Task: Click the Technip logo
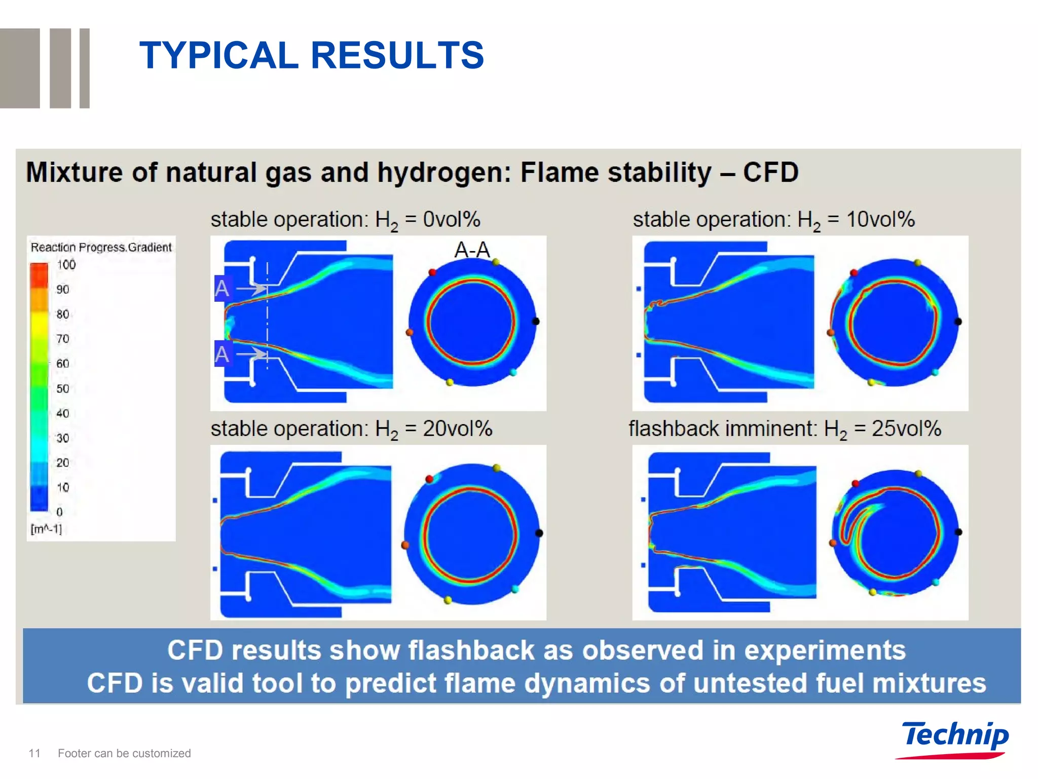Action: (x=954, y=738)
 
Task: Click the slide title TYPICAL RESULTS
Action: (x=311, y=55)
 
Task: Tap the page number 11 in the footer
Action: (x=34, y=753)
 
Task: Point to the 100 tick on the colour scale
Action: (x=66, y=265)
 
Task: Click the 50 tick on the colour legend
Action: (x=63, y=388)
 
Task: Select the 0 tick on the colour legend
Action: (x=60, y=512)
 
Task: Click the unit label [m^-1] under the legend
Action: (x=46, y=529)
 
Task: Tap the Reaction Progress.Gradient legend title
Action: (x=101, y=247)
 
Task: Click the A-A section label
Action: (x=472, y=250)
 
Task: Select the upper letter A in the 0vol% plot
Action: (x=222, y=289)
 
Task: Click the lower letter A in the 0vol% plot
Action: (x=222, y=353)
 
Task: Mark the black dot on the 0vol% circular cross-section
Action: (x=536, y=321)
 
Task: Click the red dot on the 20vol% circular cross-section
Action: (x=429, y=479)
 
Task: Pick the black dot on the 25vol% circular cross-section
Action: (x=958, y=532)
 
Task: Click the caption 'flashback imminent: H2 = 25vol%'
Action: (x=784, y=429)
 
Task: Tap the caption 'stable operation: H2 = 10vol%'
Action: (x=773, y=220)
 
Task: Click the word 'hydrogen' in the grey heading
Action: (x=443, y=172)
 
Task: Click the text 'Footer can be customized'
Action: (x=124, y=753)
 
